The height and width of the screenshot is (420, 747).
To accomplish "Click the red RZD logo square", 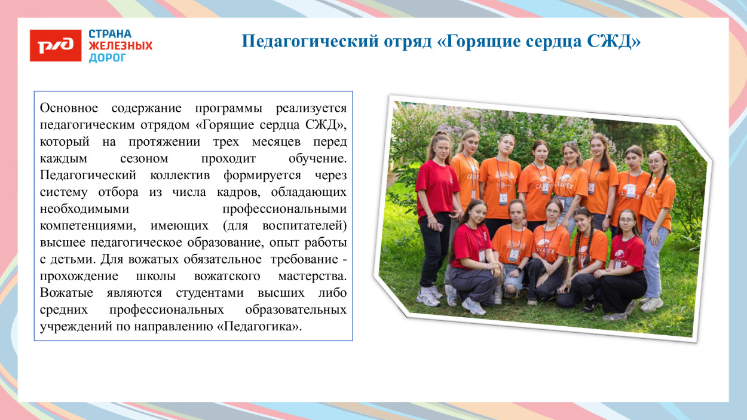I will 56,45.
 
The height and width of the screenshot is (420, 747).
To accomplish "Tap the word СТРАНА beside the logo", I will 111,34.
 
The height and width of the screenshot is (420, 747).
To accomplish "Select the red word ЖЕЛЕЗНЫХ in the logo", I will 120,46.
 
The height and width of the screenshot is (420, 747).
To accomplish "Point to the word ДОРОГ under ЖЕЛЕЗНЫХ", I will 108,58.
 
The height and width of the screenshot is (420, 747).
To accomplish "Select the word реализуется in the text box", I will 311,109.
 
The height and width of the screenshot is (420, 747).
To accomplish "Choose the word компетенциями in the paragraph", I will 82,226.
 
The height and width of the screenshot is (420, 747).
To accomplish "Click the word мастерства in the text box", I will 312,277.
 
